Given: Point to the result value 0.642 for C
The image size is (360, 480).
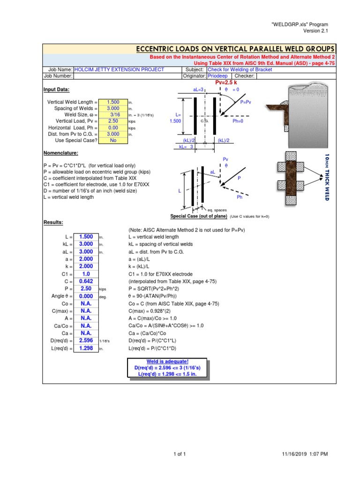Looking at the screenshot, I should (86, 281).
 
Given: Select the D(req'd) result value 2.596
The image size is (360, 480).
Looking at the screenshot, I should (86, 340).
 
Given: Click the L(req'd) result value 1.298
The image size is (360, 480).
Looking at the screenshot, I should (86, 348).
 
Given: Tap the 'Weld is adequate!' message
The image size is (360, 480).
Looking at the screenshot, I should (167, 362).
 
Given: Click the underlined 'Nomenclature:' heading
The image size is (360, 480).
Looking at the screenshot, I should (60, 153).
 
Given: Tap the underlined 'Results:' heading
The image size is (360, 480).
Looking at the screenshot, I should (53, 222).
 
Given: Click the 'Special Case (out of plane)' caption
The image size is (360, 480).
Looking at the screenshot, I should (199, 217).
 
